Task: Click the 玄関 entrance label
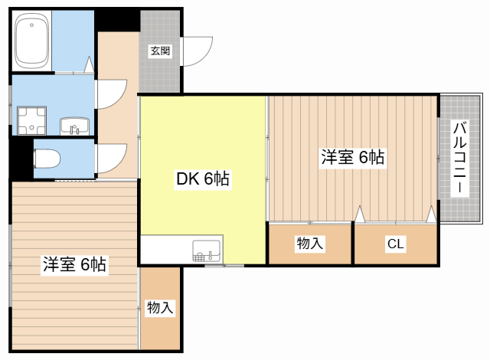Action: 160,51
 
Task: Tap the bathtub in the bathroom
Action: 32,41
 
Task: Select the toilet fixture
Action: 47,159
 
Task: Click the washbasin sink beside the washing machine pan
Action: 75,126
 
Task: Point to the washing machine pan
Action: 31,120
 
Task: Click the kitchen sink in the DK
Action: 206,250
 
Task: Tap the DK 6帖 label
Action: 203,178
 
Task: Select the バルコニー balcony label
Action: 459,158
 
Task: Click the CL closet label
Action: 395,244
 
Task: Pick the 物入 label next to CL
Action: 309,244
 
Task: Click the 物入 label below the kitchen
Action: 160,307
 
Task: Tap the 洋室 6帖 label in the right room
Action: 353,157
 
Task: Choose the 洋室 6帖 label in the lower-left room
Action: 74,264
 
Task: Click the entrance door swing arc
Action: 204,57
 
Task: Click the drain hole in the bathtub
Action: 31,25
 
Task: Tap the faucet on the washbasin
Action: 73,129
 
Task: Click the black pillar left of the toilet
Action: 21,159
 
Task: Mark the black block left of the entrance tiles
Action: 117,19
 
